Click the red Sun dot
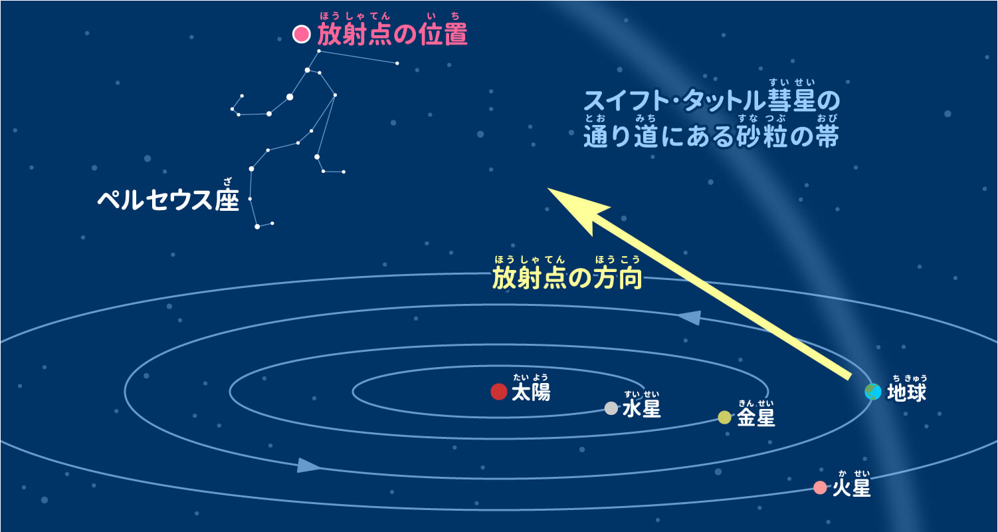[x=499, y=392]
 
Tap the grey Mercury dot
[x=611, y=408]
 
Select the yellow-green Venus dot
[x=724, y=417]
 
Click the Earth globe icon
[x=873, y=392]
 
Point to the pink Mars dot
[x=820, y=487]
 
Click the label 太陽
[x=531, y=392]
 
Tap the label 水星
[x=642, y=409]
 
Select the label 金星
[x=756, y=418]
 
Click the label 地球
[x=906, y=392]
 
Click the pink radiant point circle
[x=302, y=34]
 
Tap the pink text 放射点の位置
[x=392, y=35]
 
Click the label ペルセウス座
[x=167, y=199]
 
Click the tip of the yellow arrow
[x=549, y=190]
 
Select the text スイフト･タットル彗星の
[x=712, y=102]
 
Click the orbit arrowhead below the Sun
[x=308, y=465]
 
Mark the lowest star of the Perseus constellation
[x=257, y=227]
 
